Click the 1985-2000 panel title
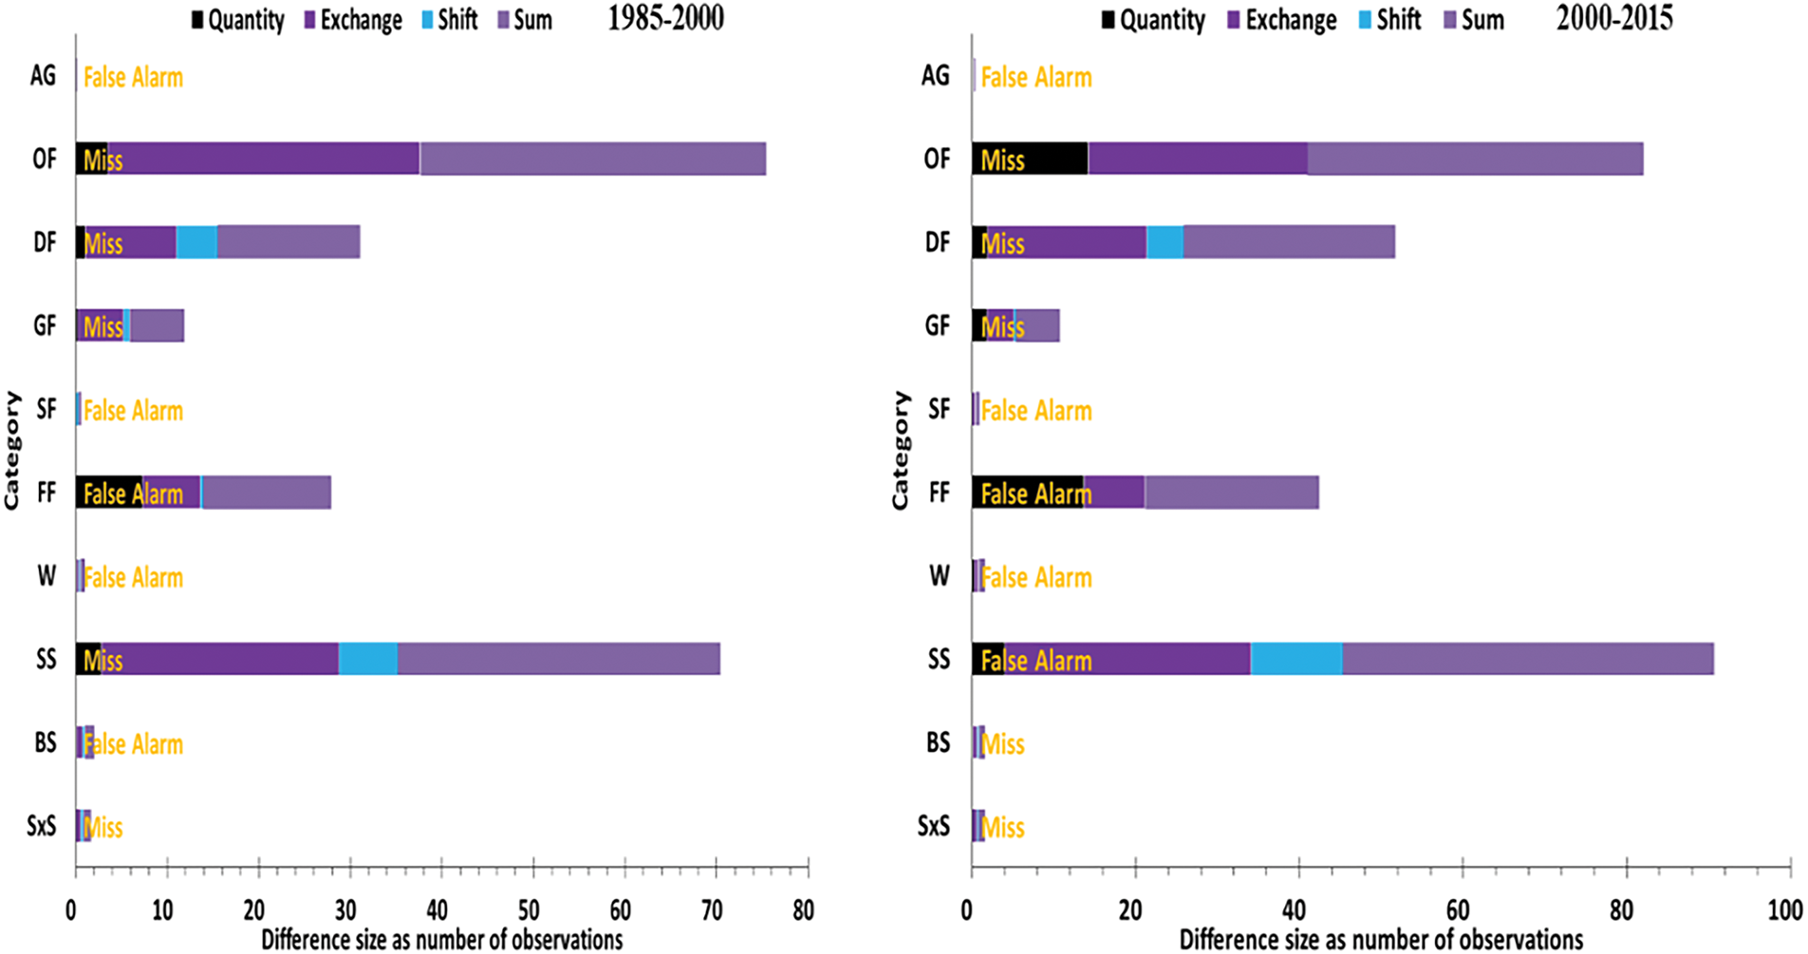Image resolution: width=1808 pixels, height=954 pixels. coord(665,18)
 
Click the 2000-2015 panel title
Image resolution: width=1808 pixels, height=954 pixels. coord(1613,18)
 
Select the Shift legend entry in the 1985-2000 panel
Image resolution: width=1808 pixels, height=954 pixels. coord(449,20)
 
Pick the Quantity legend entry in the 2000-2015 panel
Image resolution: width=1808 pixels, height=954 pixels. coord(1152,20)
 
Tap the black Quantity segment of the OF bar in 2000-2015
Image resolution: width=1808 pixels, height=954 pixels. coord(1030,159)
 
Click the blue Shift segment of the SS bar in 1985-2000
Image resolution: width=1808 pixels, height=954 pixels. coord(367,659)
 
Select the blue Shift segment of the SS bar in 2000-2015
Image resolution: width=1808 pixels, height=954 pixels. coord(1295,659)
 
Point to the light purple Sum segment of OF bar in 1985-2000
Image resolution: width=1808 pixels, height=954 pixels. coord(592,159)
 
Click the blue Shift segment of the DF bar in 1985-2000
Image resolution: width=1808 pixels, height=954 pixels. coord(196,242)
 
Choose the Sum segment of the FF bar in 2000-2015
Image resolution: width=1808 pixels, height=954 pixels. coord(1231,493)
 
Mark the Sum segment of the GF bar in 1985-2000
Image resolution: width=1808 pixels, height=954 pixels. coord(157,326)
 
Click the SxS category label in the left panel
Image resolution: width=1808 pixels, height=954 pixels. coord(42,826)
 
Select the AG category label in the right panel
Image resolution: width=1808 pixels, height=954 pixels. coord(935,75)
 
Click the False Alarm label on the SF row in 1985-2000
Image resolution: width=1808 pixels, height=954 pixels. coord(133,410)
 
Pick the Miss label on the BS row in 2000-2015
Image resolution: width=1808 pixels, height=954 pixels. coord(1002,743)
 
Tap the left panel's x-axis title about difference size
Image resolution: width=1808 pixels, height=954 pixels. coord(442,940)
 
